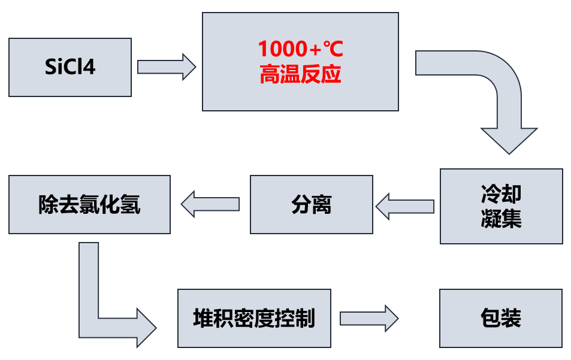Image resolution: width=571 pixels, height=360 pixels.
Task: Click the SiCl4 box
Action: pos(70,67)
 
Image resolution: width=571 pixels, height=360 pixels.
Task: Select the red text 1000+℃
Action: pos(300,48)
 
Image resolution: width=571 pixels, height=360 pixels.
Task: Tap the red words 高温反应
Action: pos(300,75)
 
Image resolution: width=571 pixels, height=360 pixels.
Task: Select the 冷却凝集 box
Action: pos(501,206)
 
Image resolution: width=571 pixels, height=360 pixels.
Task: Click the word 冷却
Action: pos(501,193)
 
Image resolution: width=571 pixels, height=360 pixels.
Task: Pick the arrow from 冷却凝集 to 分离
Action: pos(405,206)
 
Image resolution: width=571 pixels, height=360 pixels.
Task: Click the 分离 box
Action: pos(311,205)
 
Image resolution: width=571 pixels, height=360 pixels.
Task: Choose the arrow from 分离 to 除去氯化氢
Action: pos(210,204)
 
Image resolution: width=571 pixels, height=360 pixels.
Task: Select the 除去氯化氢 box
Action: pos(89,204)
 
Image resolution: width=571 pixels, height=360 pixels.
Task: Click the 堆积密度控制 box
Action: pos(254,318)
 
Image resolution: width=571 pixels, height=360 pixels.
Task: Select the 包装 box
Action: pos(501,318)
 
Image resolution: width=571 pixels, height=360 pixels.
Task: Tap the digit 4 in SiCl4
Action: pos(90,67)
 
